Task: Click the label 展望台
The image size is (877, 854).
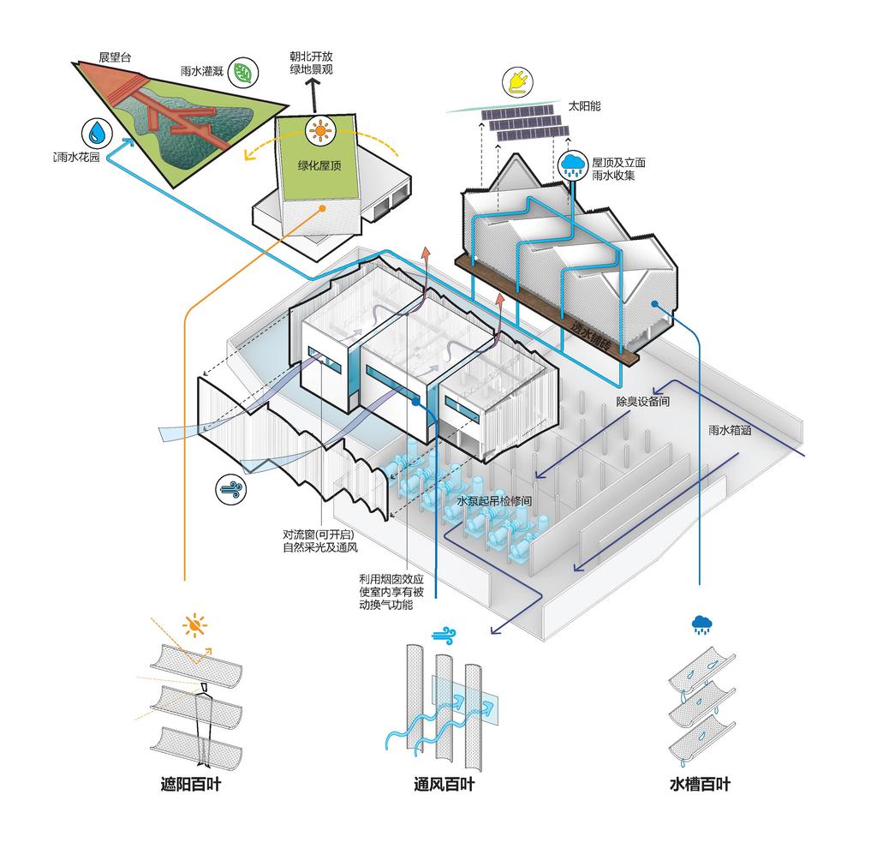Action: [x=114, y=57]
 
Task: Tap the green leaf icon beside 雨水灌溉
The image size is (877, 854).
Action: [x=244, y=73]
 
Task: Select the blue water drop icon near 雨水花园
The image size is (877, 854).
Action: [x=98, y=133]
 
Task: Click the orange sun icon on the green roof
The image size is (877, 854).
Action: [x=321, y=131]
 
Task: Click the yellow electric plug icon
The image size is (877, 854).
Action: [x=519, y=81]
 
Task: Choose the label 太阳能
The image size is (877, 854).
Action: [x=585, y=106]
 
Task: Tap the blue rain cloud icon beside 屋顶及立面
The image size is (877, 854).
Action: [x=572, y=165]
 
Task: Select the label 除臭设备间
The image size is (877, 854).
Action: [x=643, y=401]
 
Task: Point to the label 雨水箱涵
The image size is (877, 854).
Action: [x=731, y=431]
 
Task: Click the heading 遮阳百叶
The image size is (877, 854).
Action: [x=190, y=783]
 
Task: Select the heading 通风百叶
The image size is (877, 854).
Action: [x=444, y=783]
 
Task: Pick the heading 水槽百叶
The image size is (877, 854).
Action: [x=701, y=783]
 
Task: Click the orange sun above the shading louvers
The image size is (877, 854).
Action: [x=196, y=625]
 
